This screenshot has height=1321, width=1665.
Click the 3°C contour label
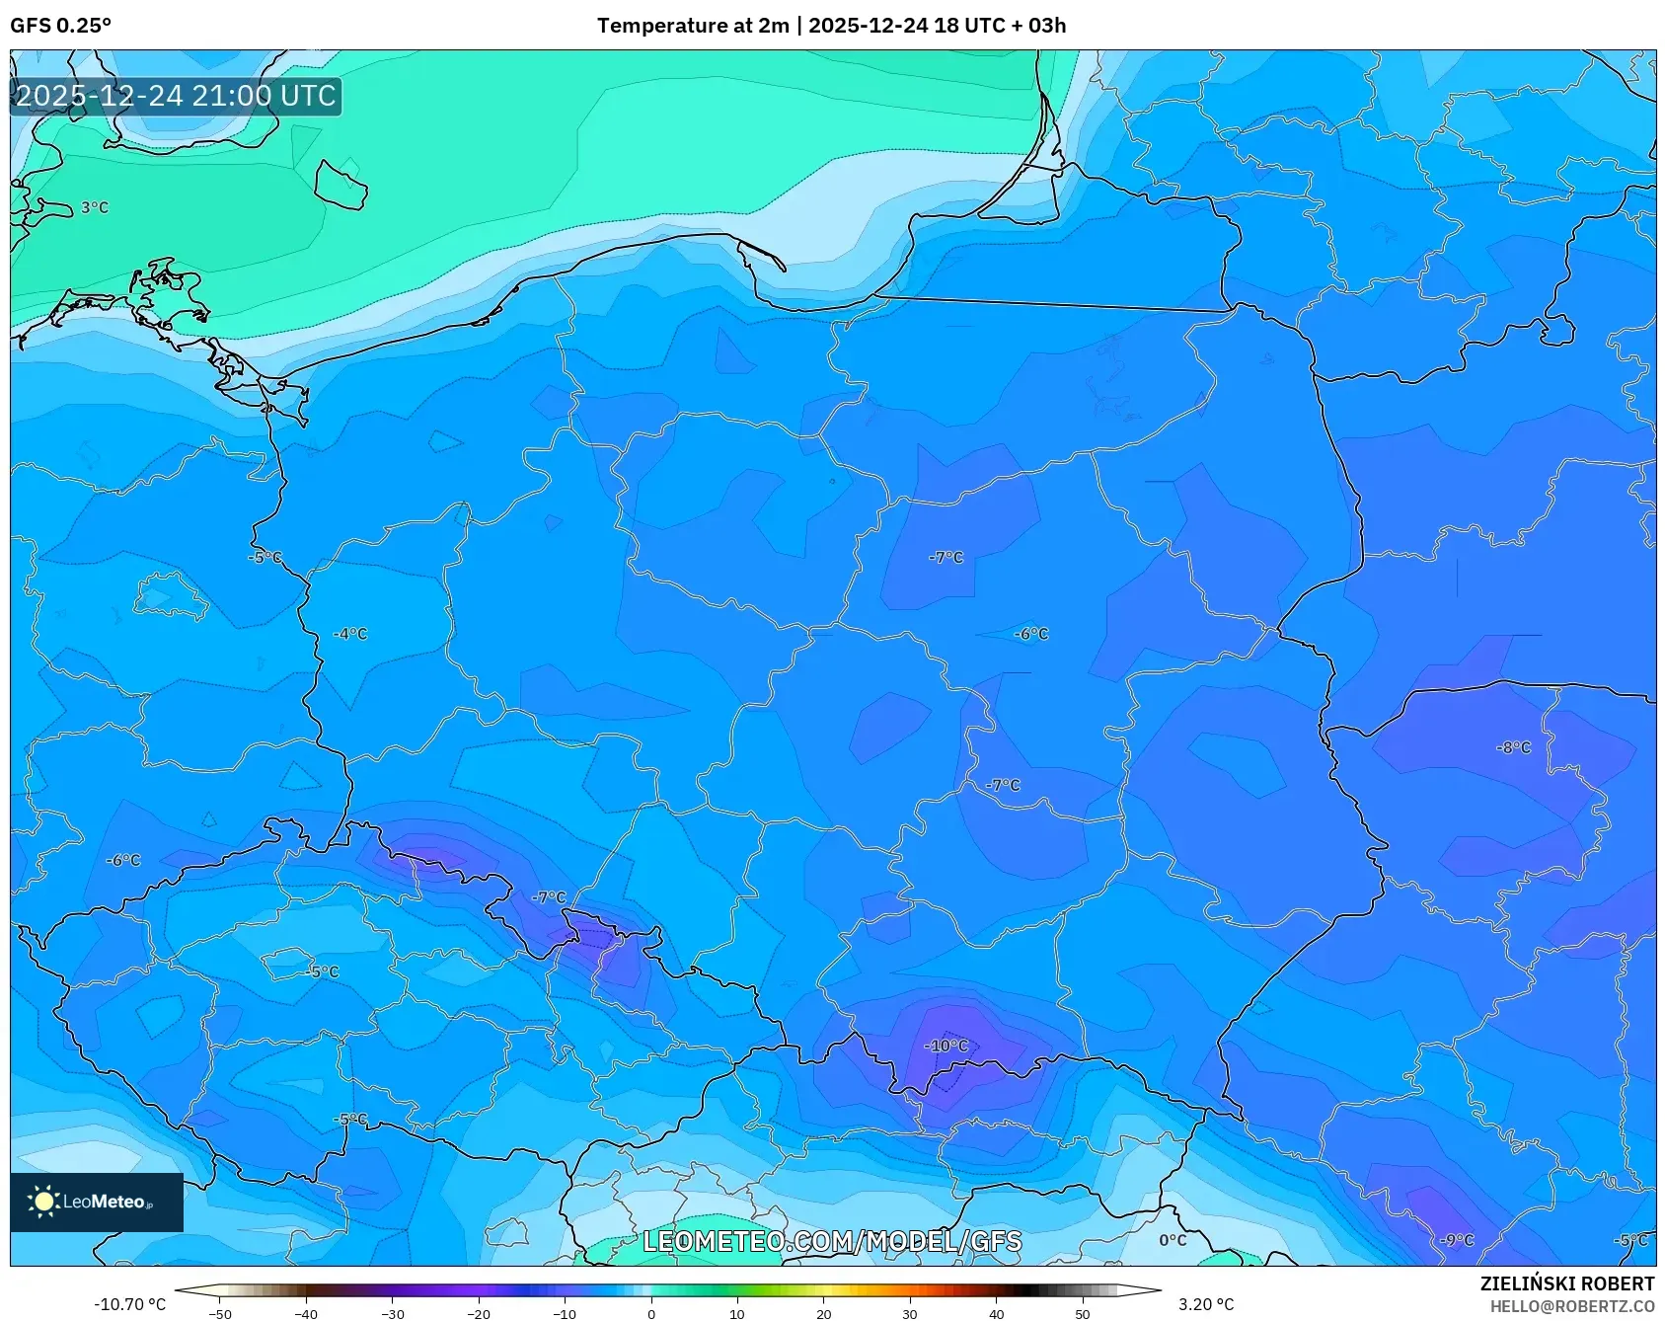(95, 207)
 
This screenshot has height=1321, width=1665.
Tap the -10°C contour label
(946, 1046)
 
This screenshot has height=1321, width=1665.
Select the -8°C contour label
(1513, 747)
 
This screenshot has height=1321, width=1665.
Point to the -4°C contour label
(349, 634)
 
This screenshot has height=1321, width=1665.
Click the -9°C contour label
(1456, 1240)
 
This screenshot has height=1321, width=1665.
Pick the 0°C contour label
(1173, 1240)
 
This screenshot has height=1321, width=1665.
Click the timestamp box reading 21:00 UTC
(176, 96)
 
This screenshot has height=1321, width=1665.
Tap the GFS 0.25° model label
(60, 26)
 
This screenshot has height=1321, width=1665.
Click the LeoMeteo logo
(97, 1202)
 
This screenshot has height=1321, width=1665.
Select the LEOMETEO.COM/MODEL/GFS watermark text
(832, 1241)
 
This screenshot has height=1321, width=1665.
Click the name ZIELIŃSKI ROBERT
(1566, 1283)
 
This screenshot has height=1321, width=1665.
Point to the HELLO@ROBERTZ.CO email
(1571, 1306)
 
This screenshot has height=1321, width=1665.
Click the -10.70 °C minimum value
(129, 1304)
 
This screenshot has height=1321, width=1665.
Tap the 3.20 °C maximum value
(1205, 1304)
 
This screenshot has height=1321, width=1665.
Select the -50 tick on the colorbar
(220, 1314)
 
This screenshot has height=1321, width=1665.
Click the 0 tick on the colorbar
(650, 1314)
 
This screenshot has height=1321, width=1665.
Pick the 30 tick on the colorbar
(909, 1314)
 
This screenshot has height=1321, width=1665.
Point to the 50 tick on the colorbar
(1082, 1314)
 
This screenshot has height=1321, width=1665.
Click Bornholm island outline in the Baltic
(341, 185)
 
